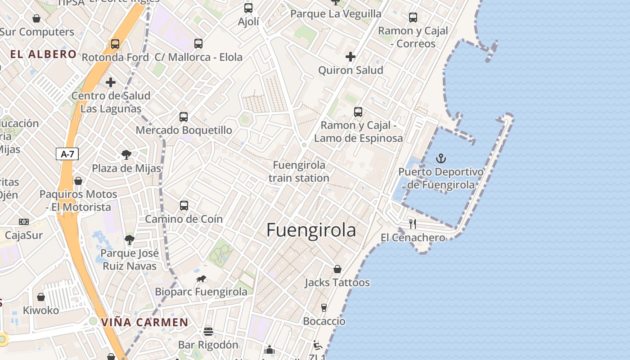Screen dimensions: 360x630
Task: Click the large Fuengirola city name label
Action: click(311, 230)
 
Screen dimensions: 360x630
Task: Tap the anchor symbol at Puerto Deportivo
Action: click(441, 158)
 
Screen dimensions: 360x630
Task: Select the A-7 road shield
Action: click(67, 154)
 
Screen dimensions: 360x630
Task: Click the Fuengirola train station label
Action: click(299, 171)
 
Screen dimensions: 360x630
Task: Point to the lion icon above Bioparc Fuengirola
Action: click(201, 279)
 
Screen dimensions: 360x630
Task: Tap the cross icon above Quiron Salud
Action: click(351, 57)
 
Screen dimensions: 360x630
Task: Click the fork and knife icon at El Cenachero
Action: click(412, 224)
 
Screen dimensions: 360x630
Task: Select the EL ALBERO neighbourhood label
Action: click(43, 54)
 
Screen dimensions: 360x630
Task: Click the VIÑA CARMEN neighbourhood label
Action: click(144, 322)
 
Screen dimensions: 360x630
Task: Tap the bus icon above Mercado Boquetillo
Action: click(184, 117)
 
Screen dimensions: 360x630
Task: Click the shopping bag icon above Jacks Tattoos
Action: click(337, 269)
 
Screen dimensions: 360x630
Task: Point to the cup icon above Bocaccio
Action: click(324, 308)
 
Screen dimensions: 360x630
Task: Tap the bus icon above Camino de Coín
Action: click(184, 206)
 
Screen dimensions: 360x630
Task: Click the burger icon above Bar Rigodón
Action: click(208, 332)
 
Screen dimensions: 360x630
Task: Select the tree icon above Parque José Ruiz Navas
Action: click(130, 240)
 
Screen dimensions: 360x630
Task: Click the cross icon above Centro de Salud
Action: click(111, 82)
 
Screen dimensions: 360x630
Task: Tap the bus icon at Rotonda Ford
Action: click(115, 44)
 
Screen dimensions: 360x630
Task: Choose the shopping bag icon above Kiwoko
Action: click(41, 297)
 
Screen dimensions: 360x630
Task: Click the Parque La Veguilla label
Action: click(336, 13)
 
